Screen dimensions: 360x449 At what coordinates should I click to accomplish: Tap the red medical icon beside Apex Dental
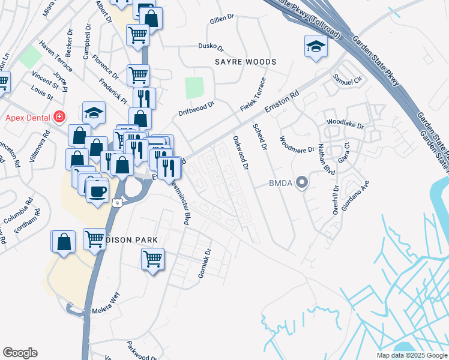point(60,116)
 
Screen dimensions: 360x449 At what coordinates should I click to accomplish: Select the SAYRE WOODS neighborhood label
point(246,62)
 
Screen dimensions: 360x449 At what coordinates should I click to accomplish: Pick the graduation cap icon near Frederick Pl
point(94,112)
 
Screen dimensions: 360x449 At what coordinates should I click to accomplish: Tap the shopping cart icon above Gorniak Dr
point(153,259)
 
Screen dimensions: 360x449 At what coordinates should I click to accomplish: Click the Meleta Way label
point(106,311)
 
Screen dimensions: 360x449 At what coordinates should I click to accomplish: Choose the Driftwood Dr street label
point(196,109)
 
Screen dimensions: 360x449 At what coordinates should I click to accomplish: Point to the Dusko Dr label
point(210,46)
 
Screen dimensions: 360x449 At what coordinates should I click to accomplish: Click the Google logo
point(20,352)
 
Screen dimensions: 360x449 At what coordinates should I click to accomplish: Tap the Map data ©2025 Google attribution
point(411,355)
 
